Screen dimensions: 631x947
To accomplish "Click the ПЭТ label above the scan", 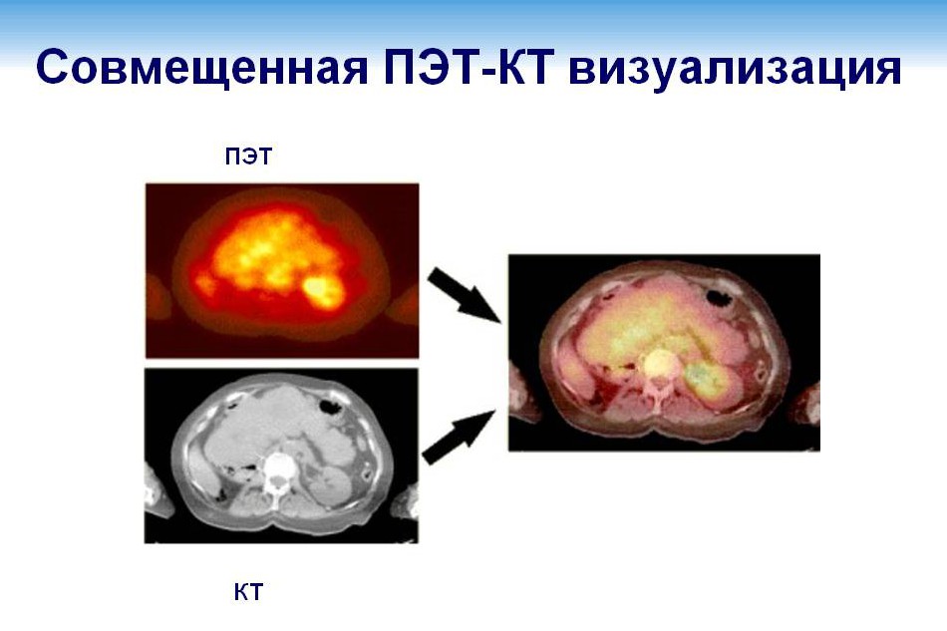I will point(247,156).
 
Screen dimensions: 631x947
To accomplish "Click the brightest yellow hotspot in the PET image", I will point(321,288).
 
